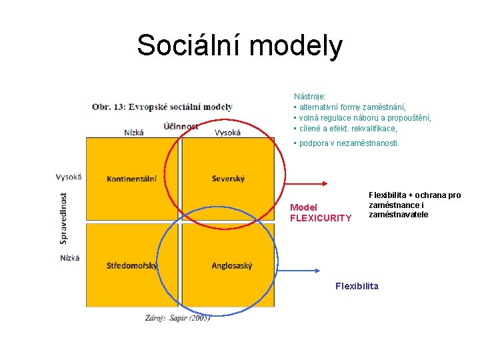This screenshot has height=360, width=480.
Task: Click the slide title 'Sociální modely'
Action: [x=239, y=45]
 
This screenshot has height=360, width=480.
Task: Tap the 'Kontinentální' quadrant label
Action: [x=131, y=179]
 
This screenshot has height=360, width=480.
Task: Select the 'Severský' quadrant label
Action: [x=228, y=179]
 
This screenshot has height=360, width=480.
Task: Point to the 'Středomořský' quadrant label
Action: [x=132, y=266]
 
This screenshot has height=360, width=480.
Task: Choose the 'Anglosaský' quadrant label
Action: [x=232, y=266]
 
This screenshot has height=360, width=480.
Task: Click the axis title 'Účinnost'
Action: [x=181, y=126]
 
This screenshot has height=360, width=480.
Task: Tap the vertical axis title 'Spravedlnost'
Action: [x=64, y=218]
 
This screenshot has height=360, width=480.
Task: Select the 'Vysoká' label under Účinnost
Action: [x=227, y=133]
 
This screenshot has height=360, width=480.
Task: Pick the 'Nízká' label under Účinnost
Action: [x=133, y=133]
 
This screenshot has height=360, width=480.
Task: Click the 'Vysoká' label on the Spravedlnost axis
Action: [x=69, y=177]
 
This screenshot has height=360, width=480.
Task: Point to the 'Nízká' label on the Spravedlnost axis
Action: [x=69, y=258]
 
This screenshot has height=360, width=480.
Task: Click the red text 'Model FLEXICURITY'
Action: [x=320, y=213]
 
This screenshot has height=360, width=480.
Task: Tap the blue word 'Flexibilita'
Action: [x=357, y=286]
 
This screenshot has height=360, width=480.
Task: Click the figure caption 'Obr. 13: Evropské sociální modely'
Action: [x=162, y=107]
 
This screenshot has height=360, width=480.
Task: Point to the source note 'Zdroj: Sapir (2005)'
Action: [x=177, y=318]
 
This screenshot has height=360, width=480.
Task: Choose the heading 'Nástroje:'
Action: [x=309, y=97]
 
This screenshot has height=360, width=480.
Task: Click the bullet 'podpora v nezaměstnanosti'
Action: [x=346, y=143]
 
